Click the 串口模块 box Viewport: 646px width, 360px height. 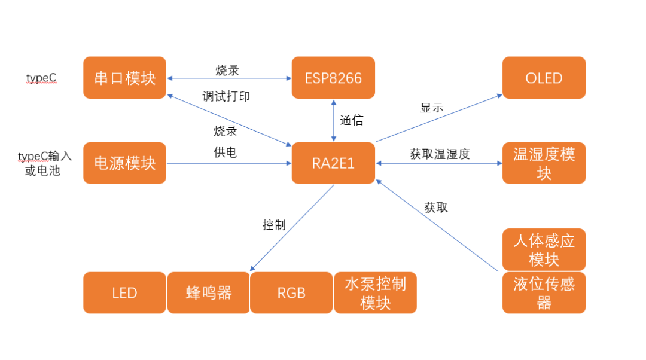(x=124, y=78)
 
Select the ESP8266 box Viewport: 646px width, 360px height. (x=333, y=78)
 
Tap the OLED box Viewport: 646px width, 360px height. (x=544, y=78)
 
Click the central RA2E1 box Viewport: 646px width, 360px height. (x=333, y=163)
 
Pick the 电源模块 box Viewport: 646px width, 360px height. (x=124, y=163)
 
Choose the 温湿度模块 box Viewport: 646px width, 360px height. (x=544, y=163)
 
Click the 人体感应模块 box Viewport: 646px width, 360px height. (x=544, y=249)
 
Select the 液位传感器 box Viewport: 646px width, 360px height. (x=544, y=292)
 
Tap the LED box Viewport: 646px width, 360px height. (x=124, y=292)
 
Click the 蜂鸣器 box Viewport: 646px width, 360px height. (x=208, y=292)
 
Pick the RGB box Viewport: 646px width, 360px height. (x=291, y=292)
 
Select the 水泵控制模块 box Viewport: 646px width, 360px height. (x=375, y=292)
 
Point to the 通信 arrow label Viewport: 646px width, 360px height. (x=352, y=120)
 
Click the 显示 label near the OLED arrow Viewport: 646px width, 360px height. (x=432, y=108)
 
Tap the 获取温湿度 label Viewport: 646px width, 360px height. (x=440, y=154)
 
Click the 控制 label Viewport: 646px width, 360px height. (x=274, y=225)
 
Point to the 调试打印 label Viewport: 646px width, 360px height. (x=226, y=96)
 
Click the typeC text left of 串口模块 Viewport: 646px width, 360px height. (x=41, y=78)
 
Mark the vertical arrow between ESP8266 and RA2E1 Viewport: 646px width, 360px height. (x=333, y=120)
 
